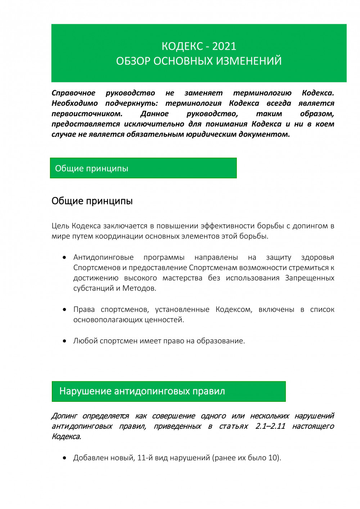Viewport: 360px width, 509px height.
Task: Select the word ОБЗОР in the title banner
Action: click(x=133, y=61)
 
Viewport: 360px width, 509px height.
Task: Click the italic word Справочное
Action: click(x=73, y=93)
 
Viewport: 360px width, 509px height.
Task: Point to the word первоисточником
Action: click(x=87, y=114)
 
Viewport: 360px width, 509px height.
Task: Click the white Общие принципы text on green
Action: click(x=91, y=168)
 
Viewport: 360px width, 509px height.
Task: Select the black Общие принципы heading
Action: click(x=92, y=201)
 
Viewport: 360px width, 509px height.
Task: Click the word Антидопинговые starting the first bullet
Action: click(x=103, y=257)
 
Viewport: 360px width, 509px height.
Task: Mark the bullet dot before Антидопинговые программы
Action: click(x=64, y=258)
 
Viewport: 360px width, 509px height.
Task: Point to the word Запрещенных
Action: click(x=310, y=278)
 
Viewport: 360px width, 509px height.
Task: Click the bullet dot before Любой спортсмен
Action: click(x=64, y=341)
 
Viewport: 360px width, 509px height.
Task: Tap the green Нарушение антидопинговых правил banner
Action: click(x=168, y=391)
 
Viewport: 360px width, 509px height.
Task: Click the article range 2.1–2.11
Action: click(x=270, y=426)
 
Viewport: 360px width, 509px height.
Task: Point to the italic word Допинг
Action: click(x=64, y=416)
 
